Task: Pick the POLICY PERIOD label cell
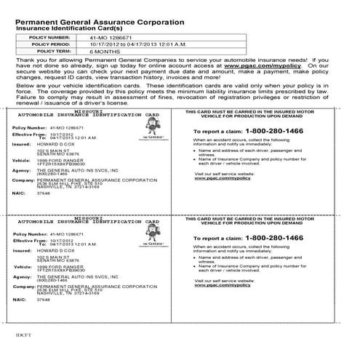pos(50,44)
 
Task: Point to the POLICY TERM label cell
pos(50,52)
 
